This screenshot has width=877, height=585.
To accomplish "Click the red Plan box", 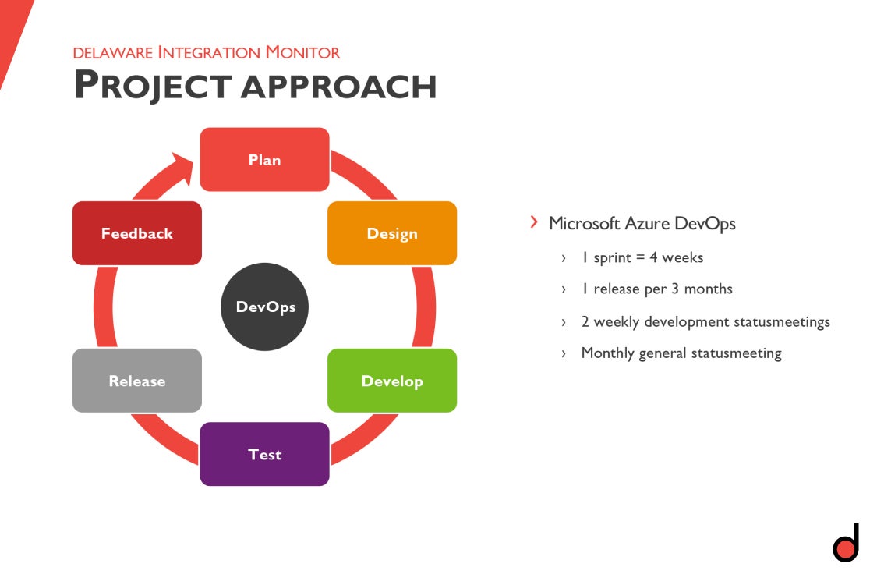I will pyautogui.click(x=264, y=159).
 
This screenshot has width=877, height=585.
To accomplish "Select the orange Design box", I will pyautogui.click(x=391, y=233).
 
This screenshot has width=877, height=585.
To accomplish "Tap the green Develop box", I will pyautogui.click(x=391, y=381).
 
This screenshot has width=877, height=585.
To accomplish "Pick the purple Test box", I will pyautogui.click(x=264, y=454).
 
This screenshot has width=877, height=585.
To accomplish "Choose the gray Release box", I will pyautogui.click(x=136, y=381).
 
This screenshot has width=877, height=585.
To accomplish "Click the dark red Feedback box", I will pyautogui.click(x=136, y=233).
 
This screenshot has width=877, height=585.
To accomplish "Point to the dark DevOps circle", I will pyautogui.click(x=265, y=307).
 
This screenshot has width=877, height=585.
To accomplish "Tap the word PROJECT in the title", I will pyautogui.click(x=152, y=85).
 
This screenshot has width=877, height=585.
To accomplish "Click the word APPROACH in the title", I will pyautogui.click(x=338, y=85).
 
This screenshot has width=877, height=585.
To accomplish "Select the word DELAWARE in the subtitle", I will pyautogui.click(x=112, y=53).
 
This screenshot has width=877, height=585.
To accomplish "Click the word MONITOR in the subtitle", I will pyautogui.click(x=302, y=53).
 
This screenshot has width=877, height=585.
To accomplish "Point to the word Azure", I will pyautogui.click(x=649, y=224).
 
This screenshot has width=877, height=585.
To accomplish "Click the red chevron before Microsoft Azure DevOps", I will pyautogui.click(x=534, y=222).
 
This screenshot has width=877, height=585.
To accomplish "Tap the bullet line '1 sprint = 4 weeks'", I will pyautogui.click(x=642, y=257).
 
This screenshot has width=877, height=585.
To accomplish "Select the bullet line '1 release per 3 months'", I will pyautogui.click(x=656, y=289).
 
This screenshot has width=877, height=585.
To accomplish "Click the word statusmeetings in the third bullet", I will pyautogui.click(x=782, y=321).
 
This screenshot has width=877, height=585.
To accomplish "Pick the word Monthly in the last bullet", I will pyautogui.click(x=607, y=353).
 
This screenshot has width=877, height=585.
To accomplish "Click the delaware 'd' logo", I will pyautogui.click(x=845, y=544).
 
